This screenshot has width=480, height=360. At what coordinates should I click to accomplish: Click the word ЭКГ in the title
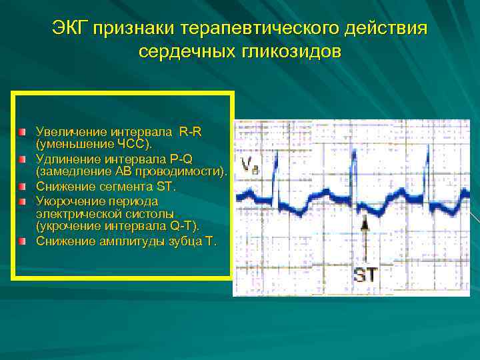[x=71, y=29]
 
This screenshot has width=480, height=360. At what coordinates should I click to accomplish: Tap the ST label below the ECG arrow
[x=365, y=274]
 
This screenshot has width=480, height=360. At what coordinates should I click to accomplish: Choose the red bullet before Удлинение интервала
[x=22, y=160]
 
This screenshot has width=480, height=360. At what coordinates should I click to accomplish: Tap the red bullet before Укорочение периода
[x=22, y=201]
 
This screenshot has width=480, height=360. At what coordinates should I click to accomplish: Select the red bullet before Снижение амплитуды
[x=22, y=241]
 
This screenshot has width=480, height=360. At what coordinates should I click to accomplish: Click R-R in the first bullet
[x=190, y=132]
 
